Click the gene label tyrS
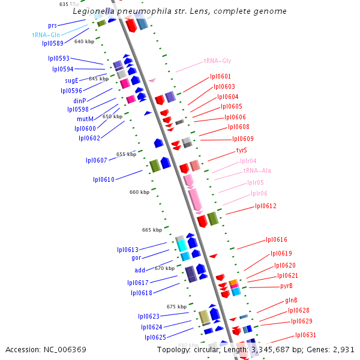(241, 150)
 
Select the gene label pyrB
(286, 286)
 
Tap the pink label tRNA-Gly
(217, 61)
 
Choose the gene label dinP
(80, 100)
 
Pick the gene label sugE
(71, 80)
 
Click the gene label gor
(136, 257)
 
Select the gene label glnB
(292, 300)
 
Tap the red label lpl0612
(266, 206)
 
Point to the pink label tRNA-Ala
(257, 170)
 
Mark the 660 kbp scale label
(139, 192)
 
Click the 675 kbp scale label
(176, 306)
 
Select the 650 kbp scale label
(112, 116)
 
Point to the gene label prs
(53, 25)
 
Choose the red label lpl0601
(220, 76)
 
